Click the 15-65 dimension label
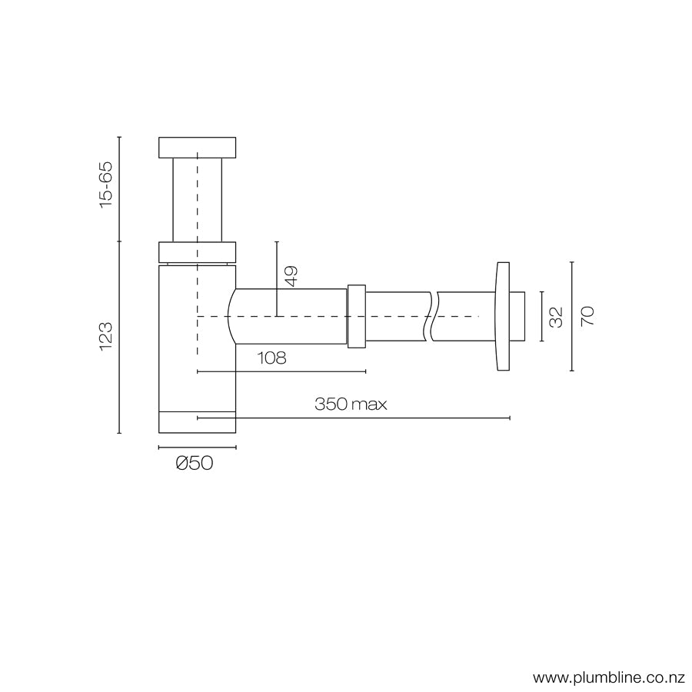click(x=105, y=183)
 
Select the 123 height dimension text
click(x=105, y=337)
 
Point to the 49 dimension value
click(x=291, y=276)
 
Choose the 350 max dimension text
click(x=350, y=404)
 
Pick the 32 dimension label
click(x=557, y=316)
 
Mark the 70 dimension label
click(x=587, y=316)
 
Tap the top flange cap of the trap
click(x=197, y=147)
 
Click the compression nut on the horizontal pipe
click(x=356, y=316)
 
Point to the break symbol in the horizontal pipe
click(x=431, y=316)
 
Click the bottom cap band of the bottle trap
click(x=197, y=422)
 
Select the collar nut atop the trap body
click(x=197, y=252)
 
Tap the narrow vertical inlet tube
click(x=197, y=200)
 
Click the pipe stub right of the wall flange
click(x=518, y=316)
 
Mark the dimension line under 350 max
click(x=354, y=418)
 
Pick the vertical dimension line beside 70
click(x=572, y=316)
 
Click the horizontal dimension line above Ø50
click(x=197, y=447)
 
